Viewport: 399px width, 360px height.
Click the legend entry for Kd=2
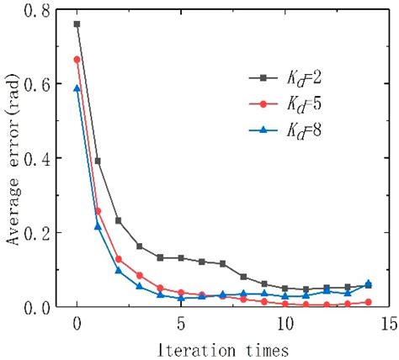coord(286,78)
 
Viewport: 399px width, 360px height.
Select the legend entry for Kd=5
coord(286,104)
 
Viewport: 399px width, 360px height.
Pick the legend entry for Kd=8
coord(286,130)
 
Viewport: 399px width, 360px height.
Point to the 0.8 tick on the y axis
coord(42,11)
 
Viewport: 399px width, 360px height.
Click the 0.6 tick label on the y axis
coord(42,85)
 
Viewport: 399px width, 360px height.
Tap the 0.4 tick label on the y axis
coord(42,159)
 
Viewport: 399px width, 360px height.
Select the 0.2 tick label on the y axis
coord(42,233)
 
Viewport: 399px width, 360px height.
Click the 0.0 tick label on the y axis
coord(42,307)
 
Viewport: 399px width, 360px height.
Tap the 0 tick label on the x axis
coord(77,324)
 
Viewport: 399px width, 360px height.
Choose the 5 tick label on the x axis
coord(181,324)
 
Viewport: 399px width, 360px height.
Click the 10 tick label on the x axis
coord(285,324)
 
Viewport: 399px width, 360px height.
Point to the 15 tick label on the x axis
coord(388,324)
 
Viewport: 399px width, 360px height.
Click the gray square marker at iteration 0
coord(77,24)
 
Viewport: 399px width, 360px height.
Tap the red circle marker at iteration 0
coord(77,60)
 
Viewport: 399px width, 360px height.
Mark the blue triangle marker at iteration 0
coord(77,88)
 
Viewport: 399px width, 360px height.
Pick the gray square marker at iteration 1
coord(98,161)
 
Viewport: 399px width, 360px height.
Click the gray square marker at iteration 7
coord(222,264)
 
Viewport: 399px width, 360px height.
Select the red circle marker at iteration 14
coord(368,302)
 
